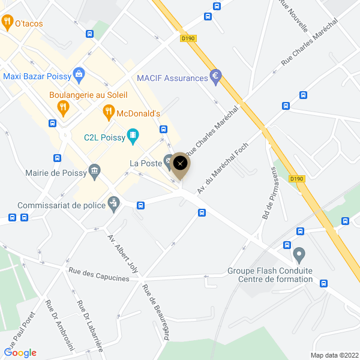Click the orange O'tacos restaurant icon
click(x=7, y=23)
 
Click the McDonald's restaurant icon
click(x=108, y=111)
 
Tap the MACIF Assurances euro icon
click(x=215, y=77)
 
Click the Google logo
click(x=20, y=353)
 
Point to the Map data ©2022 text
click(x=334, y=355)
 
